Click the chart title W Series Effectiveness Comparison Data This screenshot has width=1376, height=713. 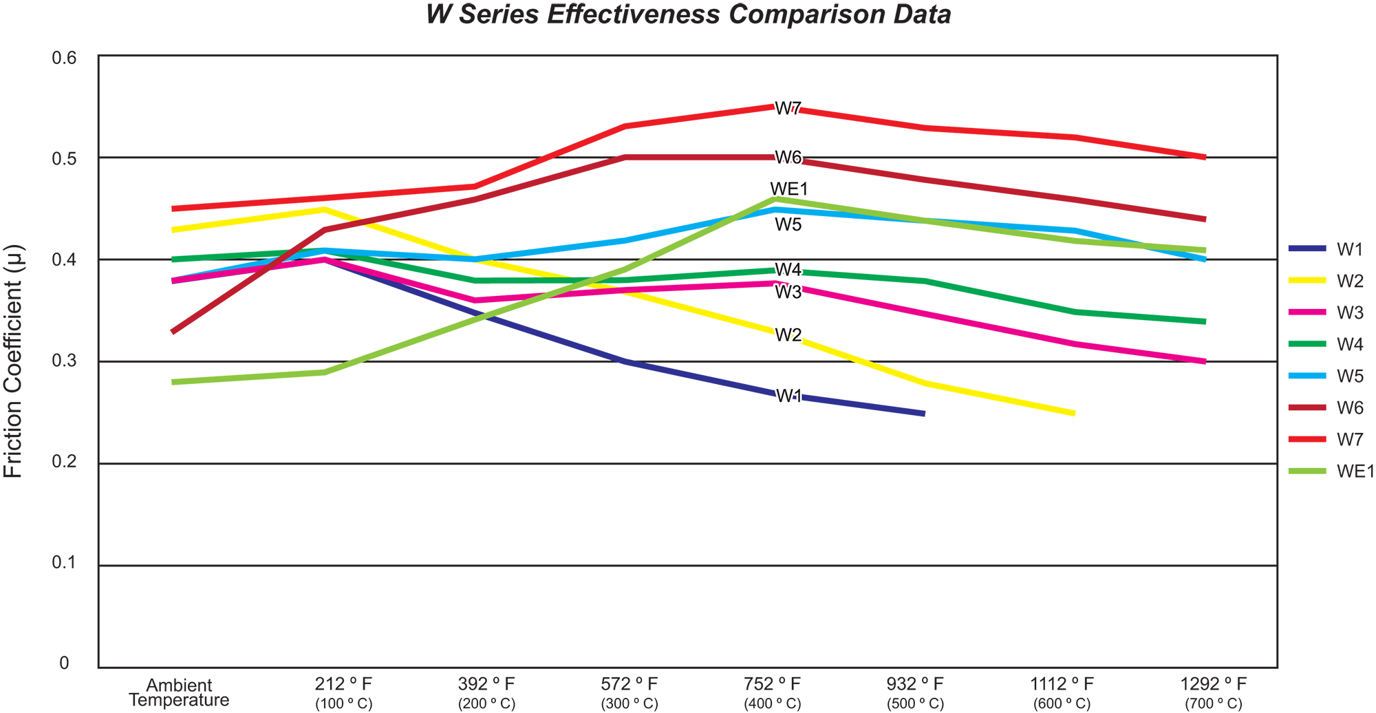[x=688, y=14]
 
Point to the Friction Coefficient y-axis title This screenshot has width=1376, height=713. [x=14, y=361]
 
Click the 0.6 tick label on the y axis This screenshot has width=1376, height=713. [x=64, y=58]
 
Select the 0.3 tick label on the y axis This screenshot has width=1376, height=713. [x=64, y=361]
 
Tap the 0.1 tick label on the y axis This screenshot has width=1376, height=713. [x=64, y=563]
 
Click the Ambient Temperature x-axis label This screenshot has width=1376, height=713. [x=179, y=693]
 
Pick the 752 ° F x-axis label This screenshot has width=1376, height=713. [x=772, y=684]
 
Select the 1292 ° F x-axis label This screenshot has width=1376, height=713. [x=1213, y=684]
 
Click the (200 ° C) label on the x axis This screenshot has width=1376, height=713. [x=486, y=704]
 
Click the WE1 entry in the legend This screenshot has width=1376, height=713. [x=1355, y=471]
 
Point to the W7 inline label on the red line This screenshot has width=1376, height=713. [x=788, y=109]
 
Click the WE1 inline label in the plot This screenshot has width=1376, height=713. [x=789, y=189]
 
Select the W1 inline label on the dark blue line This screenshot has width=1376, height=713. [x=789, y=396]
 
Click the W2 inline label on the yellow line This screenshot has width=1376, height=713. [x=788, y=335]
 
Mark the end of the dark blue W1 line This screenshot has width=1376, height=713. [x=923, y=414]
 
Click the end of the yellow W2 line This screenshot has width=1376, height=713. [x=1073, y=414]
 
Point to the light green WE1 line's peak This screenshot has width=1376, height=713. [x=775, y=199]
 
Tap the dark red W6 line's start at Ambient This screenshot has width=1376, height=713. [x=173, y=332]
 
